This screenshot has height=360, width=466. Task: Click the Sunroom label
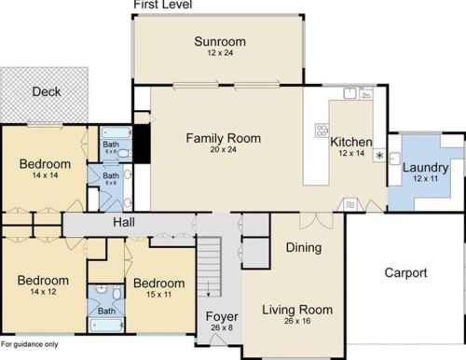pyautogui.click(x=220, y=41)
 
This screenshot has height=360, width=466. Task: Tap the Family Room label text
pyautogui.click(x=223, y=138)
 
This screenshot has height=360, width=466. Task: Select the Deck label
pyautogui.click(x=46, y=91)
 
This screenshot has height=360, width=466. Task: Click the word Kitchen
pyautogui.click(x=351, y=142)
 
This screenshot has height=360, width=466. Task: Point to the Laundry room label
pyautogui.click(x=425, y=168)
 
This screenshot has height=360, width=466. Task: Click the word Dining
pyautogui.click(x=304, y=248)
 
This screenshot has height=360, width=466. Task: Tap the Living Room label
pyautogui.click(x=296, y=310)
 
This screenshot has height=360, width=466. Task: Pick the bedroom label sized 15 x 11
pyautogui.click(x=158, y=283)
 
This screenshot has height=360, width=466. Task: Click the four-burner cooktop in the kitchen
pyautogui.click(x=322, y=130)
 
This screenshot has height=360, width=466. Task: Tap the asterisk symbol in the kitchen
pyautogui.click(x=379, y=155)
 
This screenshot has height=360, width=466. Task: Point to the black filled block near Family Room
pyautogui.click(x=143, y=142)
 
